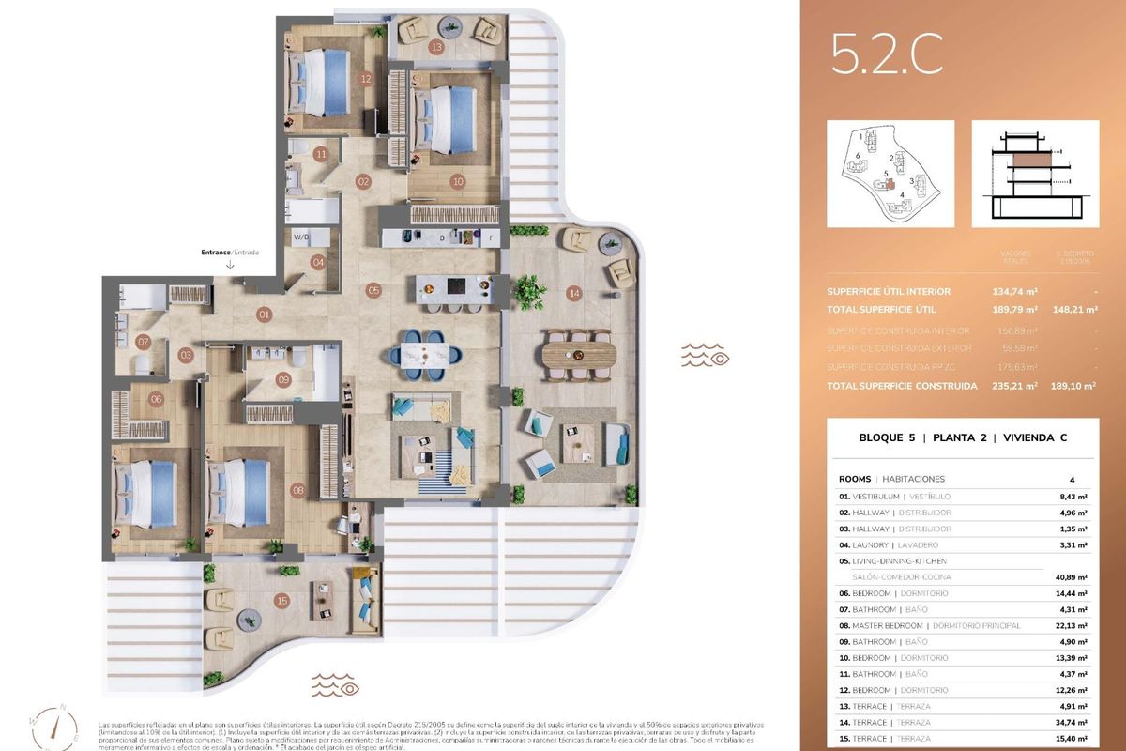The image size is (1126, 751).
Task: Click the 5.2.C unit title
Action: pos(886,57)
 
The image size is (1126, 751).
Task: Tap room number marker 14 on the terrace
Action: pos(573,294)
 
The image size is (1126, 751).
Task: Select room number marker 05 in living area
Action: pos(373,290)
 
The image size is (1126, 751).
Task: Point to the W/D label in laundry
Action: pos(300,238)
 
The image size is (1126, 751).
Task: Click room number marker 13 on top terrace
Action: pos(436,46)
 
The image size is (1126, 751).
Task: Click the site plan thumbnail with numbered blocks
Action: pos(890,174)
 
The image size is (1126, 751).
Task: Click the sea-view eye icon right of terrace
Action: pos(705,355)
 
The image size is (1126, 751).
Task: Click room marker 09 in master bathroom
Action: pos(283,380)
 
